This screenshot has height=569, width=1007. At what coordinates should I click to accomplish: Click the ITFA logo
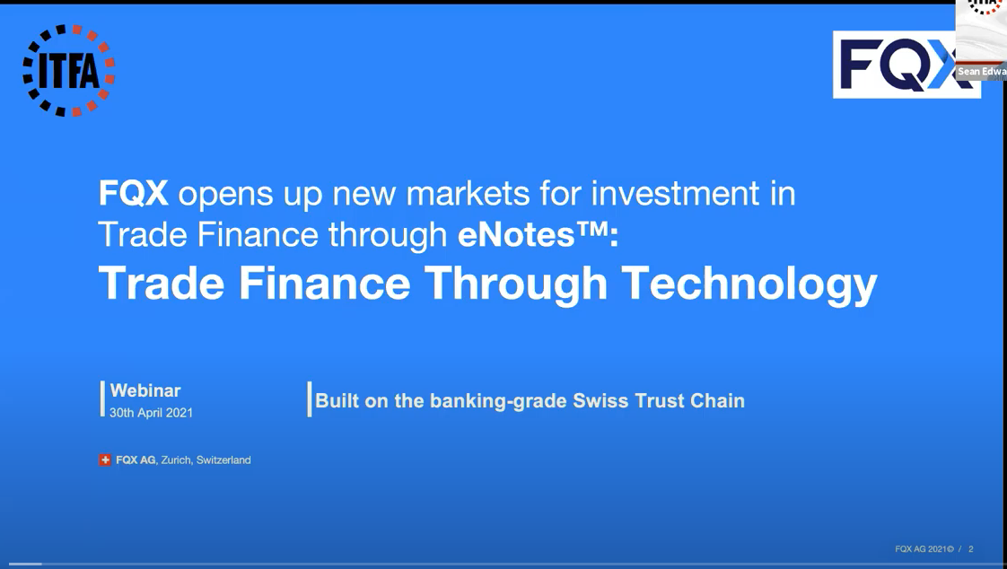tap(69, 71)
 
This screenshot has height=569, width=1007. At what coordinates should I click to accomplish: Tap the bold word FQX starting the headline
tap(134, 193)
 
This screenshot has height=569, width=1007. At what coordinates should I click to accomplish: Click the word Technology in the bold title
tap(749, 284)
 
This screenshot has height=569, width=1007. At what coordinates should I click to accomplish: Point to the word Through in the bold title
tap(516, 284)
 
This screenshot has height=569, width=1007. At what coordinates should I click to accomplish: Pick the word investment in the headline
tap(675, 193)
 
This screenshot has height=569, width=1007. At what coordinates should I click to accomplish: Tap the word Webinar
tap(145, 390)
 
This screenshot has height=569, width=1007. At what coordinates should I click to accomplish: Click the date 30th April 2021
tap(151, 413)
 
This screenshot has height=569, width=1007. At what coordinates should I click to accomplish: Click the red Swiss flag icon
tap(105, 460)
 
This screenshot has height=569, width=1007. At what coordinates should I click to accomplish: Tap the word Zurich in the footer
tap(176, 460)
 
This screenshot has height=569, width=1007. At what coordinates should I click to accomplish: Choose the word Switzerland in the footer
tap(223, 460)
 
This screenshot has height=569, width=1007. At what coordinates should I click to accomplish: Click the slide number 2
tap(971, 549)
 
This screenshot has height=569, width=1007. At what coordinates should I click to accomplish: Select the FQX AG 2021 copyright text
tap(924, 549)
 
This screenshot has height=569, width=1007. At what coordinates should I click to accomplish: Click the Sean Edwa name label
tap(982, 71)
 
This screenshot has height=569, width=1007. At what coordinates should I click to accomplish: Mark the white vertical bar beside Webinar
tap(102, 398)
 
